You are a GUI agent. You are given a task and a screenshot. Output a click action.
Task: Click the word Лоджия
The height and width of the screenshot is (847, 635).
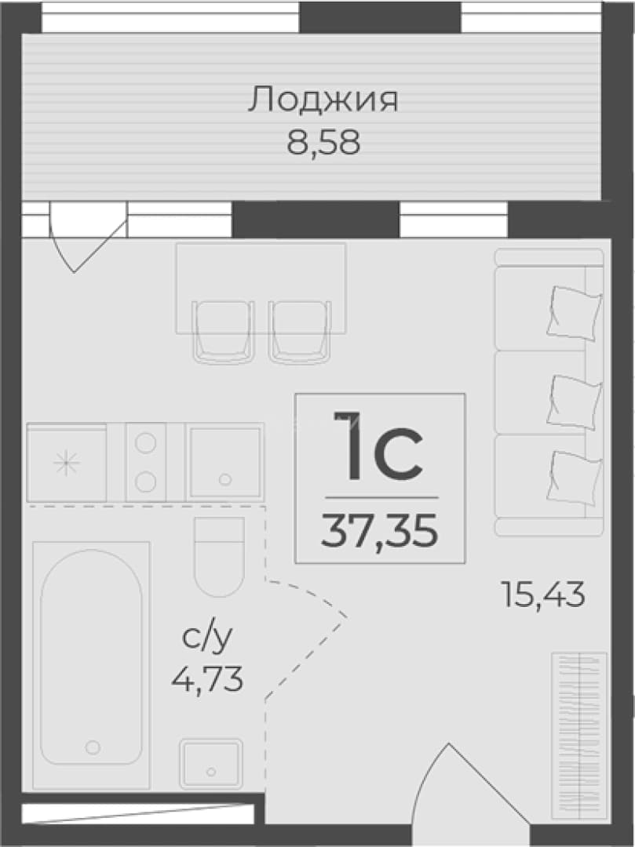[323, 100]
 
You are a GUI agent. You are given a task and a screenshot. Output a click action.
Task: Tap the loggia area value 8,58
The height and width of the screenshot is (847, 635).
[323, 144]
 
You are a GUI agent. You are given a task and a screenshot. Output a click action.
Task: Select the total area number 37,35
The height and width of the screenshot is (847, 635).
[379, 531]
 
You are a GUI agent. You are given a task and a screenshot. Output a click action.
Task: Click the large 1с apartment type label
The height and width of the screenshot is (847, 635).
[379, 447]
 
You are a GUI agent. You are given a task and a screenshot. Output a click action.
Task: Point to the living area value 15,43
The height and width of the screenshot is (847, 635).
[544, 594]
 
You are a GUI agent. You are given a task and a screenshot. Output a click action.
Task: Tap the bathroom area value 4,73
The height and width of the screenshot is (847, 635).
[207, 678]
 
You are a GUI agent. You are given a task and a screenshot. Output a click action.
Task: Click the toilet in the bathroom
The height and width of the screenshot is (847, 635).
[220, 556]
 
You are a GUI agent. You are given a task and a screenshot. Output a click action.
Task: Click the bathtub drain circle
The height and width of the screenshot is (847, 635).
[93, 747]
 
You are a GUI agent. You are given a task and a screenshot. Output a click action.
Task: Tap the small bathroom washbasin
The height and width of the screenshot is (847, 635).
[211, 763]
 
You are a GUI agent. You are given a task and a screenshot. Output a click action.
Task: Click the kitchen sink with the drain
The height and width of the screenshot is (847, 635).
[224, 463]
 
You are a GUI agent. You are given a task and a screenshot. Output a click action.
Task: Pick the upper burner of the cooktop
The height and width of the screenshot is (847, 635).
[145, 443]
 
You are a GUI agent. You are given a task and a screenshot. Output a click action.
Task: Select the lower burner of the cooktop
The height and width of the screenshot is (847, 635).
[145, 482]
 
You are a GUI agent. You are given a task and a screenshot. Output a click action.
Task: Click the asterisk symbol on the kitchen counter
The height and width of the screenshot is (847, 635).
[67, 463]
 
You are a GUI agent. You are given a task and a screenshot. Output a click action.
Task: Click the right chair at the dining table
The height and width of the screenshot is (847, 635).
[299, 331]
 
